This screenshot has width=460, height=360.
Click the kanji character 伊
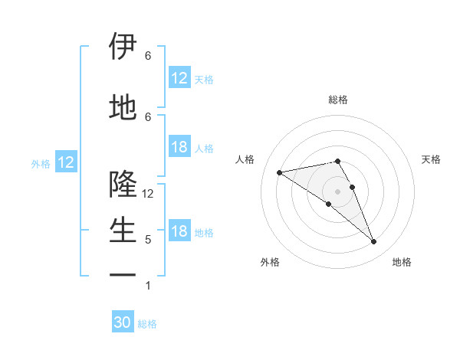123,47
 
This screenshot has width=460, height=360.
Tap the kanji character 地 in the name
123,107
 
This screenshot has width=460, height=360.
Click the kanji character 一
123,273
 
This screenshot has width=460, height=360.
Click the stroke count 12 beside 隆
149,194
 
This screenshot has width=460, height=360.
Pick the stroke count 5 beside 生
148,240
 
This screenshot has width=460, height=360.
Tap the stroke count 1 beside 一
148,286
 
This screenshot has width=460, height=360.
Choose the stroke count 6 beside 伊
148,56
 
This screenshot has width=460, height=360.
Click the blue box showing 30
123,323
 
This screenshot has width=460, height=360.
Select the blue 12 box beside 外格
65,162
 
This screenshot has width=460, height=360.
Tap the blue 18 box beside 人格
179,148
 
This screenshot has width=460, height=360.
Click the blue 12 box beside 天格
179,78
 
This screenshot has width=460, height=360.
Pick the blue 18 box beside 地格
179,232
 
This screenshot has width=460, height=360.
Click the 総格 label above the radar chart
338,100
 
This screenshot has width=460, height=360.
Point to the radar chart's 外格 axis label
270,262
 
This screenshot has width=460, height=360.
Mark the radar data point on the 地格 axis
373,242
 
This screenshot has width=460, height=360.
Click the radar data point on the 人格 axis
279,172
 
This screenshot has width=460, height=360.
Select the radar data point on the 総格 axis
338,161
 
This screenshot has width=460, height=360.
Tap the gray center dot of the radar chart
338,191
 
